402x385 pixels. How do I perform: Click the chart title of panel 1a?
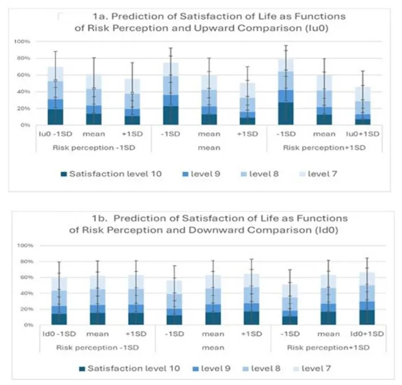210,22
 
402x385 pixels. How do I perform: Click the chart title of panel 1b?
208,224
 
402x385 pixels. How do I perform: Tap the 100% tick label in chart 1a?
22,41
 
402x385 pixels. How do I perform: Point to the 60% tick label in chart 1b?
25,277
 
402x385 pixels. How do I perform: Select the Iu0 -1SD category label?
55,134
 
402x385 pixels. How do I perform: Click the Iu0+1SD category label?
362,134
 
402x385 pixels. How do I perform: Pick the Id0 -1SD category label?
59,334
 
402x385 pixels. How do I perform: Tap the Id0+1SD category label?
367,334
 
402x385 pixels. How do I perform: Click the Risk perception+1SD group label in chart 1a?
324,148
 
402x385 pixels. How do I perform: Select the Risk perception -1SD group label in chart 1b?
98,348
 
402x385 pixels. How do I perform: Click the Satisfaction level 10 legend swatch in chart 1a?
64,174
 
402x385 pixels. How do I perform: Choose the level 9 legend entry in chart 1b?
212,368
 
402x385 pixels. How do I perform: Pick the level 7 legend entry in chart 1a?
318,174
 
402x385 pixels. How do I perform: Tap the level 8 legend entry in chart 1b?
261,368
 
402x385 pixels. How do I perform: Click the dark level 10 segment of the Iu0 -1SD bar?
55,117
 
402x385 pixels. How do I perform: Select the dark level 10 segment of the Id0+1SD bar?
367,317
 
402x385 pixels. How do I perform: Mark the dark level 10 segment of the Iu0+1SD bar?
362,122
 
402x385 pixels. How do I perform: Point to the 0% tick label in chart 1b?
29,325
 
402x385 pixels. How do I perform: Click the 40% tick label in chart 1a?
24,92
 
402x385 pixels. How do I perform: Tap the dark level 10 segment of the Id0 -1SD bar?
59,319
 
